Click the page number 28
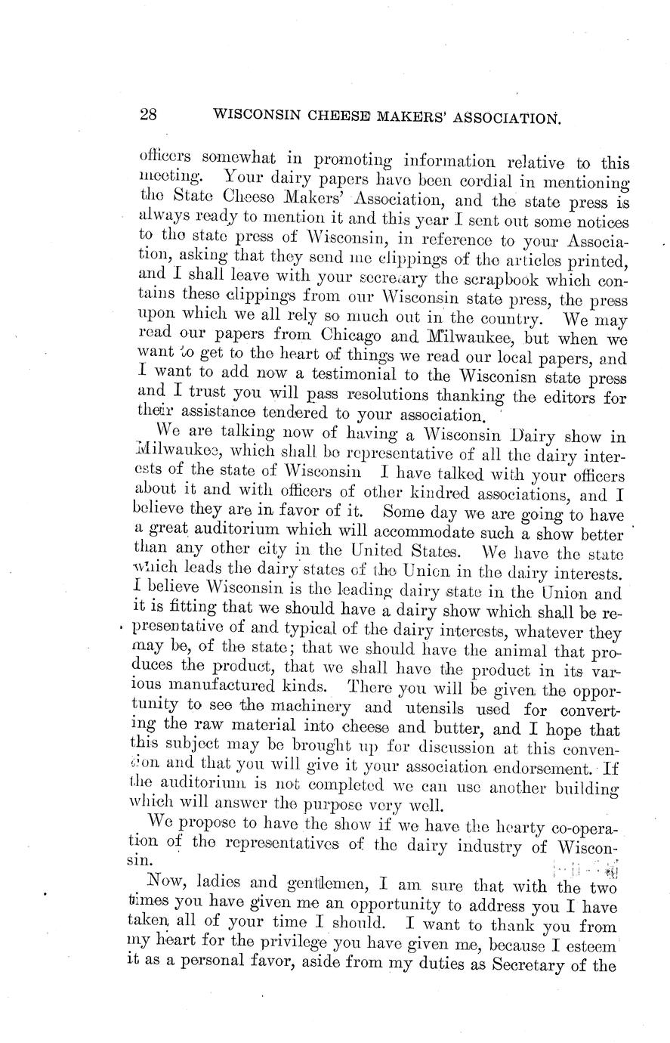148,115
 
